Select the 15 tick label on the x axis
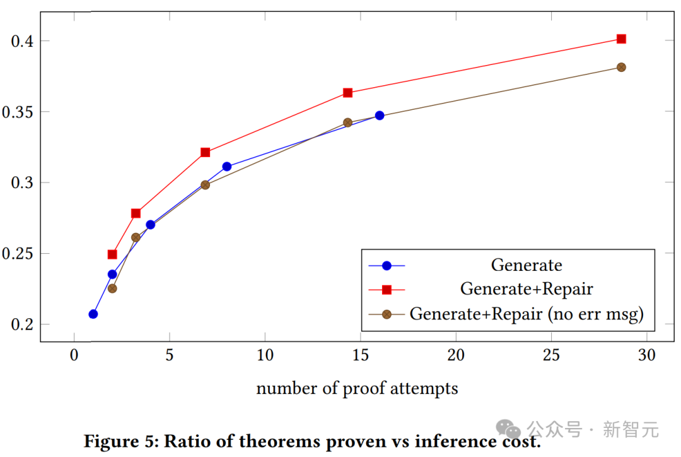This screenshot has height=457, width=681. point(360,355)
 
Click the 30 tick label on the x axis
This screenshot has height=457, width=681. point(646,355)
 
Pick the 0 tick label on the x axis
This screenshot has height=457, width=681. point(74,355)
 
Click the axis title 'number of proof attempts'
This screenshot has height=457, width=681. point(357,388)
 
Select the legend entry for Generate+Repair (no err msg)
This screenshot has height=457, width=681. point(527,314)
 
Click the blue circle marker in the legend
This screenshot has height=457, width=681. point(387,265)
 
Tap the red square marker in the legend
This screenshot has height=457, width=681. point(387,289)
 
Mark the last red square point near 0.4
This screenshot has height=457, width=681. point(621,39)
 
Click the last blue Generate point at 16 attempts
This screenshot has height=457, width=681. point(380,116)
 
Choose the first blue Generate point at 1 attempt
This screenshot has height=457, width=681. point(93,314)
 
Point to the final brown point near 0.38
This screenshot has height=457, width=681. point(621,67)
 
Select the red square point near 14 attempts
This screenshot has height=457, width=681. point(347,93)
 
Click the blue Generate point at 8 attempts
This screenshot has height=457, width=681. point(227,167)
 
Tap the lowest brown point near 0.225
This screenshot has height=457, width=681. point(112,288)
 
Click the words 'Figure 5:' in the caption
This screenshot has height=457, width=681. point(120,441)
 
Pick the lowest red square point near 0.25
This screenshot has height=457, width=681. point(112,254)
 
